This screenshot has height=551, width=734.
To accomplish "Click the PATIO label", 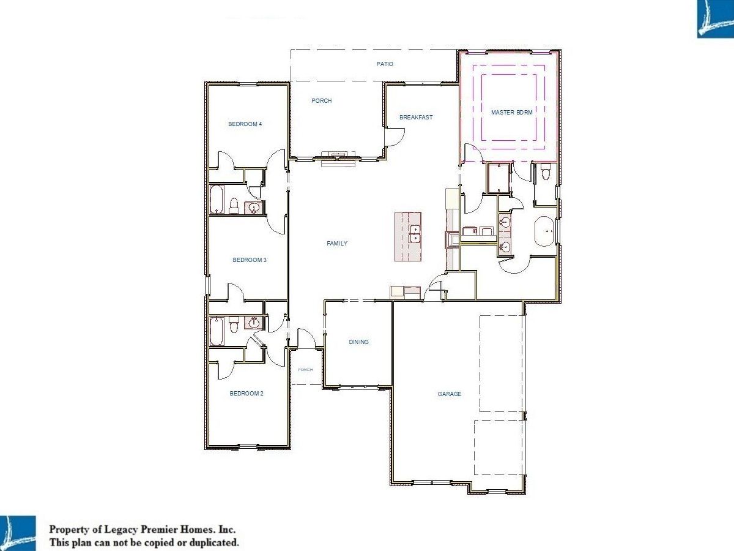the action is [x=385, y=64].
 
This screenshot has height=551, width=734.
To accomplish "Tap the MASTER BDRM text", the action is [x=511, y=113].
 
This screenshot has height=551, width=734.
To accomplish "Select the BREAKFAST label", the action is [x=416, y=117].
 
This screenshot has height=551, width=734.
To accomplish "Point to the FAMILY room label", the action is [x=337, y=244].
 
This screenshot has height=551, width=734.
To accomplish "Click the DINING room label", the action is [x=359, y=342].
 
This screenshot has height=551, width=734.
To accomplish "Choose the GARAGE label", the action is [x=450, y=394].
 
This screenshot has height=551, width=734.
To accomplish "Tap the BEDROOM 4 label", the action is [x=245, y=124].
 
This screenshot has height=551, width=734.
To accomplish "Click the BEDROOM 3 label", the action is [x=250, y=260].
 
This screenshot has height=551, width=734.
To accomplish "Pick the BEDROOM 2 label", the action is [x=247, y=394].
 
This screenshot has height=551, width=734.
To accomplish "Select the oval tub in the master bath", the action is [x=545, y=231].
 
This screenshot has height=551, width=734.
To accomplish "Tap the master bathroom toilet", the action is [x=546, y=173].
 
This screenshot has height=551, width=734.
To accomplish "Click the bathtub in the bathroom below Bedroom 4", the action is [x=217, y=200].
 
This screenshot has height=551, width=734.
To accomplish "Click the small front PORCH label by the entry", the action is [x=305, y=370].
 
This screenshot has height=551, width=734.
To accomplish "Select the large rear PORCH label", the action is [x=322, y=100].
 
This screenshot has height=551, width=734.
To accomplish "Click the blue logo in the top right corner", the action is [x=715, y=19].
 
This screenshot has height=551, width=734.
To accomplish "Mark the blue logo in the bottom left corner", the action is [x=18, y=533].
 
